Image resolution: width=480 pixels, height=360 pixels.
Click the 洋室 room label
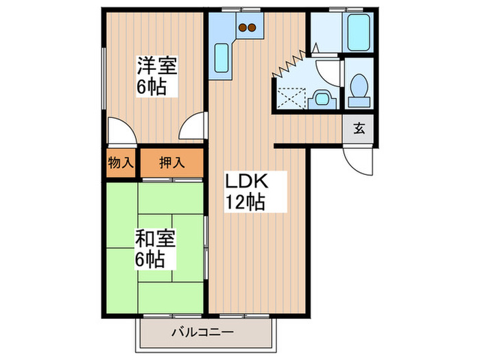pyautogui.click(x=157, y=67)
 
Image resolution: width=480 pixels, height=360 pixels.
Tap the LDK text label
pyautogui.click(x=246, y=183)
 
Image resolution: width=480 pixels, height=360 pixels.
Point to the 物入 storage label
pyautogui.click(x=121, y=163)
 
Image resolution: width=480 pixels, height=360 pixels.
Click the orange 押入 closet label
pyautogui.click(x=171, y=163)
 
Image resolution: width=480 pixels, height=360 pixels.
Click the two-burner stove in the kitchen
pyautogui.click(x=247, y=28)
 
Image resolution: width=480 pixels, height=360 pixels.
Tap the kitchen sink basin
pyautogui.click(x=221, y=58)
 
